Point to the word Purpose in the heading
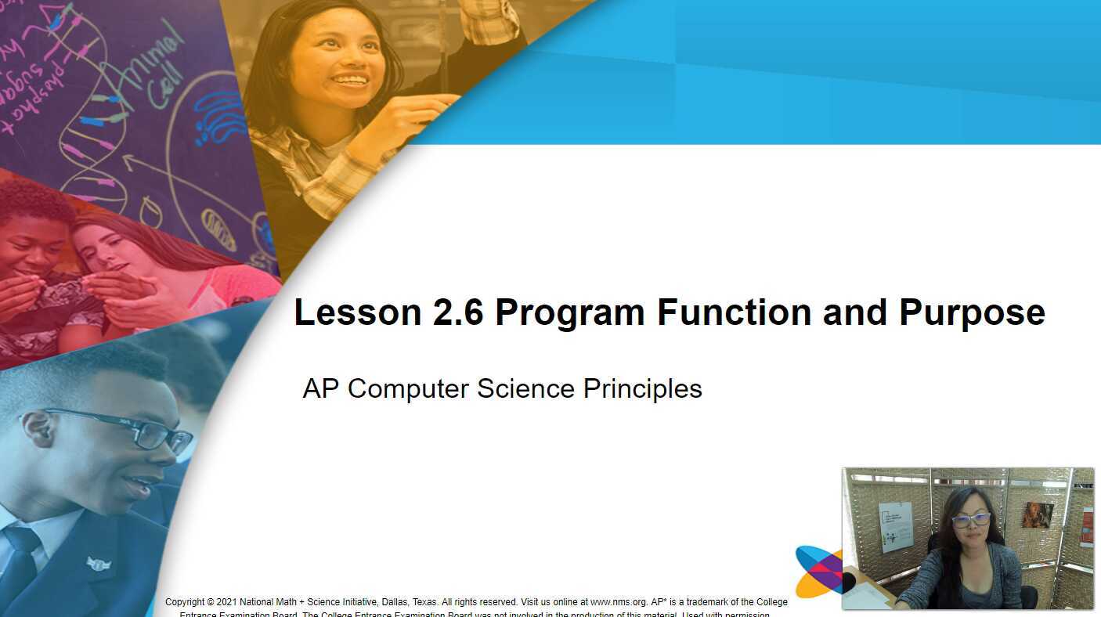click(972, 313)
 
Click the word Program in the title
click(571, 313)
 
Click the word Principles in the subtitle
click(643, 388)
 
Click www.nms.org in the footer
click(619, 602)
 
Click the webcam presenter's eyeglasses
click(971, 519)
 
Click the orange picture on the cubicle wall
click(1038, 515)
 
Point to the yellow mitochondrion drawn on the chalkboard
click(218, 229)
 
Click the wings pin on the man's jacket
click(99, 563)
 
